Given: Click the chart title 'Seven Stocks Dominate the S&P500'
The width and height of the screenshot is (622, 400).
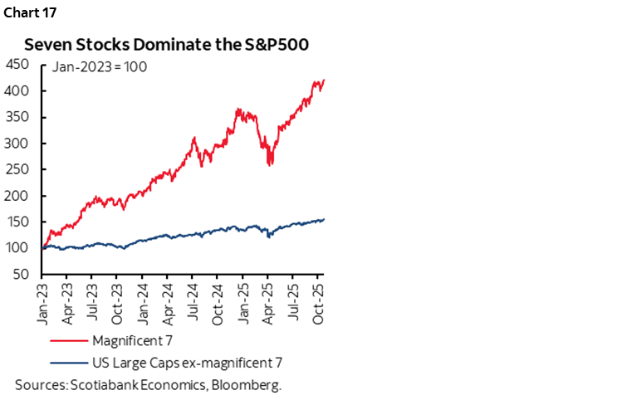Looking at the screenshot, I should point(166,45).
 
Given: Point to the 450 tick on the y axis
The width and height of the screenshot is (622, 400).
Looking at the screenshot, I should point(16,64).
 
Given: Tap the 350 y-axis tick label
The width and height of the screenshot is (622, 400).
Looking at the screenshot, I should point(16,117).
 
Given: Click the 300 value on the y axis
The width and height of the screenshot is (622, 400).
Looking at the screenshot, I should point(16,143).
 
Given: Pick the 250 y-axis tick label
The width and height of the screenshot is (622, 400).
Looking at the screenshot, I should point(16,169).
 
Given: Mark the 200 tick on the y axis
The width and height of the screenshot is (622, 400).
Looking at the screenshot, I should point(16,196).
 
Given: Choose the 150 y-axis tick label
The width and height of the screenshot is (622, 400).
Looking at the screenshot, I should point(16,222).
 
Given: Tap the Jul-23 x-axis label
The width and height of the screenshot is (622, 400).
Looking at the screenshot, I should point(95,300).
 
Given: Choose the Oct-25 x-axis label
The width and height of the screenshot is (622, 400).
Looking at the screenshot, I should point(321,300).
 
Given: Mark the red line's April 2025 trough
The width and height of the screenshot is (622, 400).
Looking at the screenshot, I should point(270,164).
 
